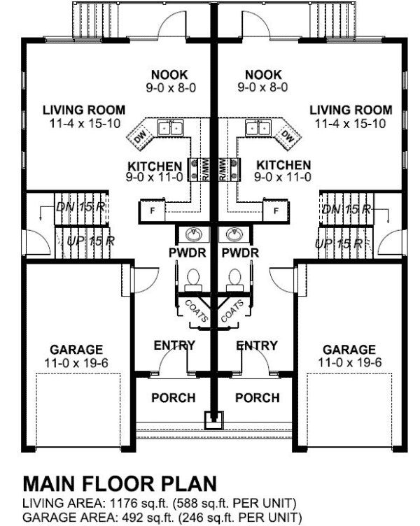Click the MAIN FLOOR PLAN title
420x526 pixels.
pos(120,484)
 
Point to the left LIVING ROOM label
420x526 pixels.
pos(84,111)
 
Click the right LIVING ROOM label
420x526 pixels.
pos(351,111)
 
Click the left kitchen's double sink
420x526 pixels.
pos(169,127)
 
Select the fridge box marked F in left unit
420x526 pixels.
pos(150,209)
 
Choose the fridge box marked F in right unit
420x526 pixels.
pos(276,209)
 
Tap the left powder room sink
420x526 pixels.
pos(191,234)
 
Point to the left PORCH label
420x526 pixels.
pos(173,398)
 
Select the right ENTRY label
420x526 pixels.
pos(256,346)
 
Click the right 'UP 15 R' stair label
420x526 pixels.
pos(339,243)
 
